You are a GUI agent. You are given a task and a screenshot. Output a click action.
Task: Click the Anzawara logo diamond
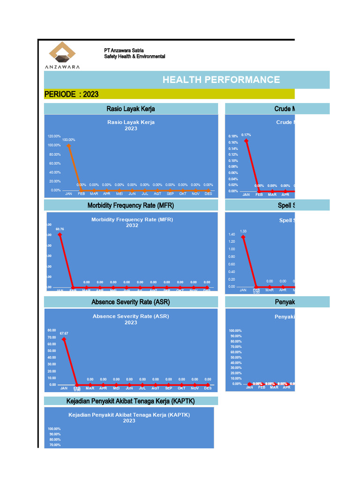point(62,52)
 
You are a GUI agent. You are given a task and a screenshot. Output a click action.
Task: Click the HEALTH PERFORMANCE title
point(221,80)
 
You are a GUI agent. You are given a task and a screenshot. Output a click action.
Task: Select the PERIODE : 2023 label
point(71,94)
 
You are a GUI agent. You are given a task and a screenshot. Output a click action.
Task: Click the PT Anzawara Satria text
point(124,50)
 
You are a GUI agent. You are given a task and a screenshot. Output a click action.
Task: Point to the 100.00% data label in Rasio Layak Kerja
point(68,140)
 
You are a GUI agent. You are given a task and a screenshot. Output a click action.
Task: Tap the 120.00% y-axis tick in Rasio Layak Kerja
point(54,136)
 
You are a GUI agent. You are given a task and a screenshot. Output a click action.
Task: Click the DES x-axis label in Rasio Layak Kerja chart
point(208,194)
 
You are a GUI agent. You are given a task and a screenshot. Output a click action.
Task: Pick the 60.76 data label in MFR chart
point(60,229)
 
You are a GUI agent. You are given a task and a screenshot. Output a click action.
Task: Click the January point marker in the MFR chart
point(60,234)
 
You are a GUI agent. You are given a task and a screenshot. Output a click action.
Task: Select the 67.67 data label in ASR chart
point(64,333)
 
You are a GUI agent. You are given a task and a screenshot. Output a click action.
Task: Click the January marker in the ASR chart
point(64,339)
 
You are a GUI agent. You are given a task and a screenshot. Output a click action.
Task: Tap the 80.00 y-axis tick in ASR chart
point(52,330)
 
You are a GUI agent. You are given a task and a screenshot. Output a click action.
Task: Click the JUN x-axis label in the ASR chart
point(129,388)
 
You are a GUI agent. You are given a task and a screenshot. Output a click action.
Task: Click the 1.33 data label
point(243,231)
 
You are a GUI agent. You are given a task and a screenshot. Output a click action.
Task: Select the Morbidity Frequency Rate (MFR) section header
point(130,205)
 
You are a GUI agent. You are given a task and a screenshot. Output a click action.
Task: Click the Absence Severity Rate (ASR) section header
point(130,302)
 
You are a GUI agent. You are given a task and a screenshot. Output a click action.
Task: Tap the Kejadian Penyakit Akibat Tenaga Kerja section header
point(130,401)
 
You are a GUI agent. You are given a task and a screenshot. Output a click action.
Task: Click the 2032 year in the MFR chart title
point(132,225)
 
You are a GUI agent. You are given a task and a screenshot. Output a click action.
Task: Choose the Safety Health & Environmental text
point(135,56)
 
